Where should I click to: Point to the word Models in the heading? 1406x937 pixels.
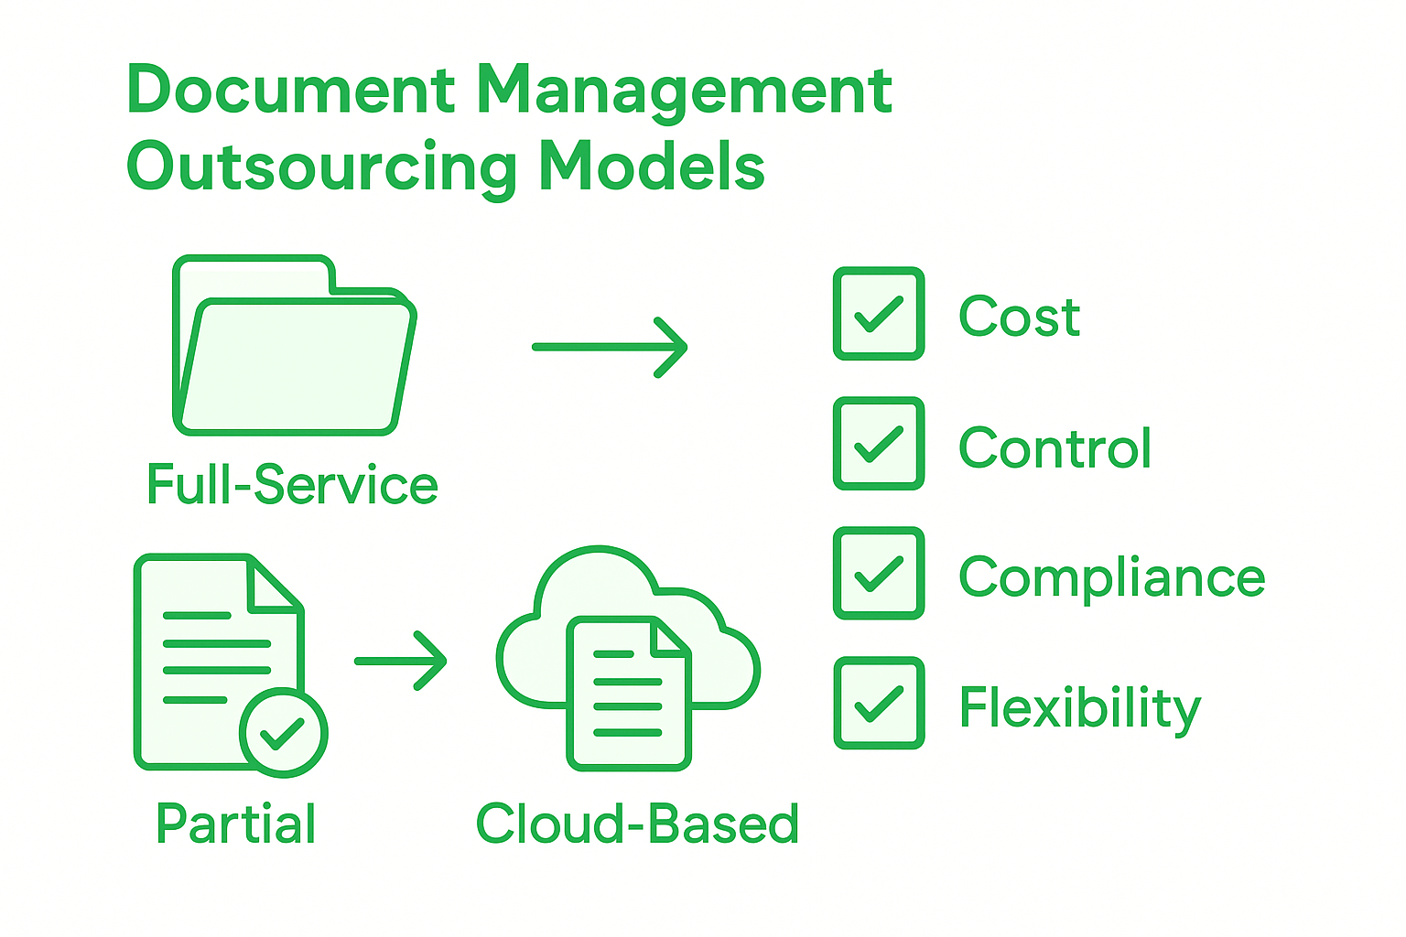tap(652, 167)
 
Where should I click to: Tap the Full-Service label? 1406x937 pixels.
tap(293, 485)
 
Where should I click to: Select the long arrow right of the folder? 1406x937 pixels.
tap(610, 347)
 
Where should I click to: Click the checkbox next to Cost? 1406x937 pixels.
tap(879, 314)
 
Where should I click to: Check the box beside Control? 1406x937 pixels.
tap(879, 444)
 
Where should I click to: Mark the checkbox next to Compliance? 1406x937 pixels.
tap(879, 574)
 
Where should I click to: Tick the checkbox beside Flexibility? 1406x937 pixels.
tap(879, 704)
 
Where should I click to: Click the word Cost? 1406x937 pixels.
tap(1019, 318)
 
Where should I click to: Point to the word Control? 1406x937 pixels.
tap(1054, 448)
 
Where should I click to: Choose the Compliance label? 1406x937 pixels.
tap(1111, 578)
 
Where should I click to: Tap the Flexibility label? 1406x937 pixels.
tap(1079, 708)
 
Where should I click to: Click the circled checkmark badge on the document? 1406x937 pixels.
tap(283, 732)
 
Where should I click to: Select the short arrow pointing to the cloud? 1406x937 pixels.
tap(401, 660)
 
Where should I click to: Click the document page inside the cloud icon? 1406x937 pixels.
tap(629, 694)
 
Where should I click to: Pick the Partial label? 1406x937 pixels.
tap(236, 824)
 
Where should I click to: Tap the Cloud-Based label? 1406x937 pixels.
tap(637, 824)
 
